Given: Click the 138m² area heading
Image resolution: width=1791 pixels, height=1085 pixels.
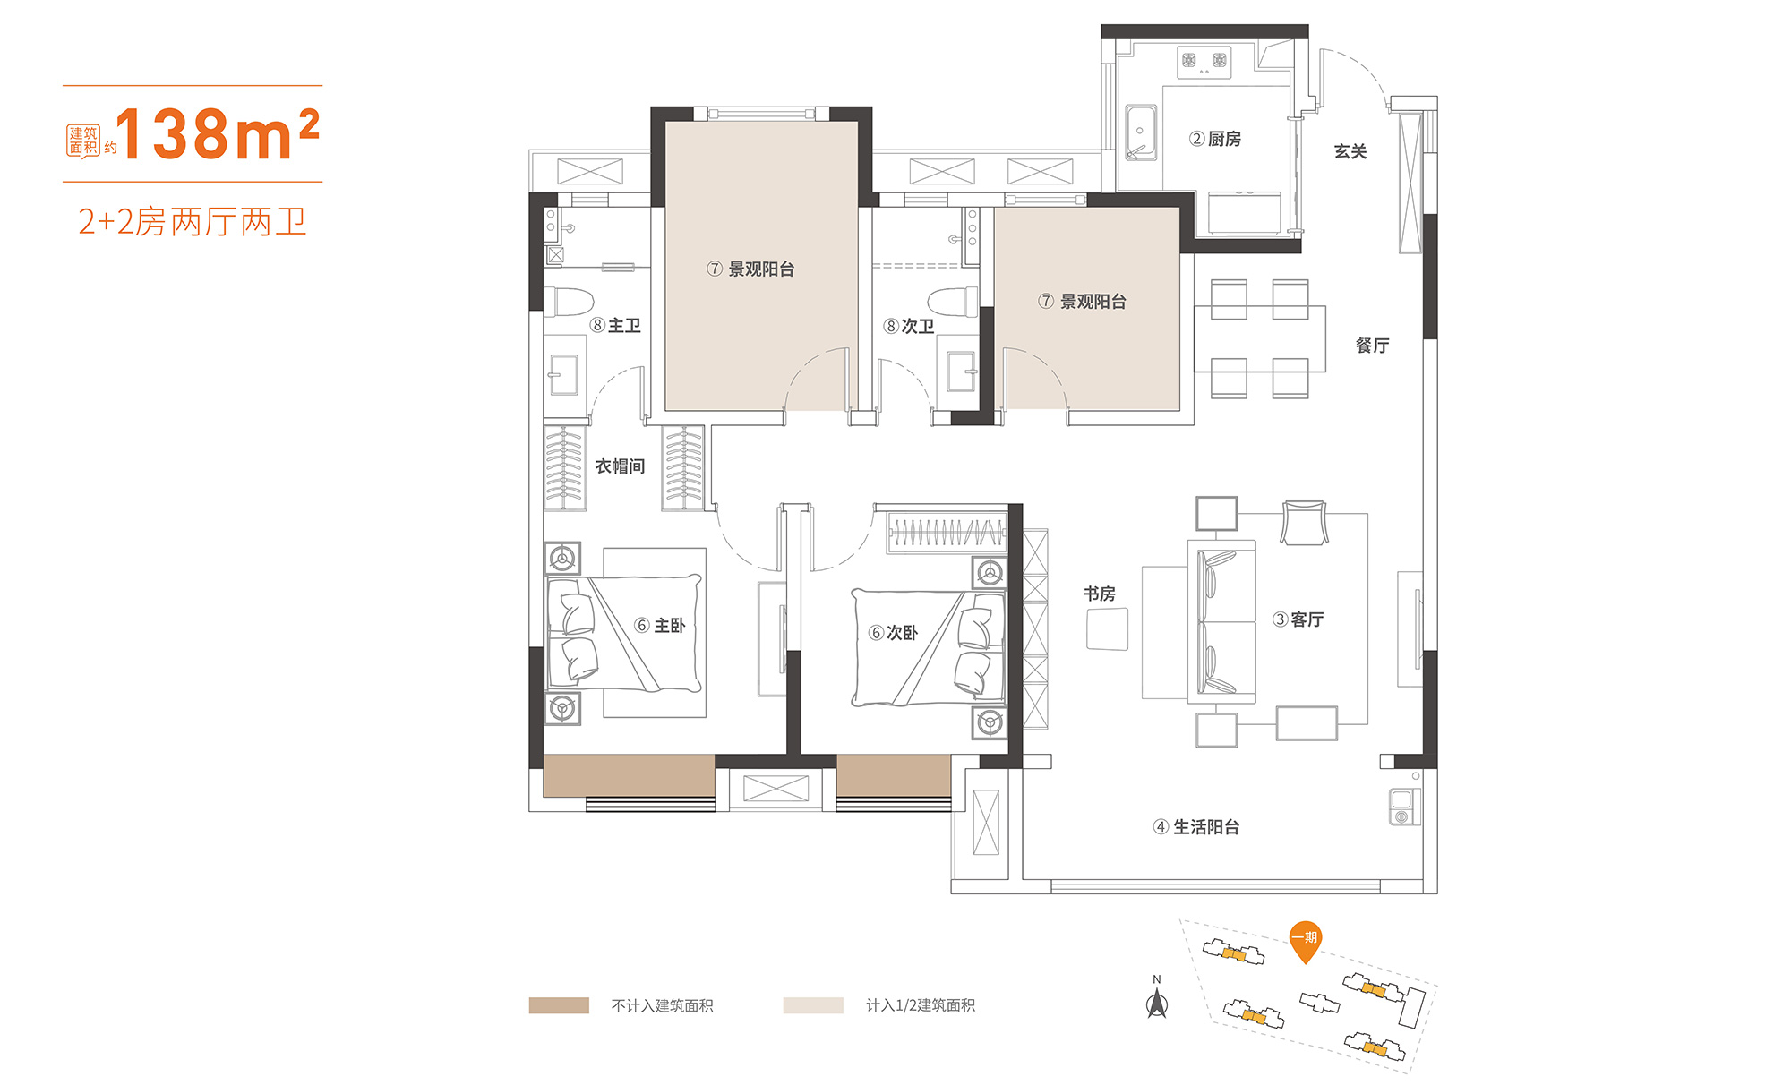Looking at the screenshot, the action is click(x=217, y=134).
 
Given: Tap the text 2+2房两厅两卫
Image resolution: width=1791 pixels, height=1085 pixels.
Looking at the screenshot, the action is click(x=193, y=221).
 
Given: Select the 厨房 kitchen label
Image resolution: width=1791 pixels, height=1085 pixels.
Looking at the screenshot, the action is click(x=1215, y=139).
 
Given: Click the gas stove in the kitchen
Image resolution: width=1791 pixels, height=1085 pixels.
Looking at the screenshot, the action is click(x=1204, y=62).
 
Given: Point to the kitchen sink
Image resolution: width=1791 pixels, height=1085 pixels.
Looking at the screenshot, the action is click(x=1141, y=132).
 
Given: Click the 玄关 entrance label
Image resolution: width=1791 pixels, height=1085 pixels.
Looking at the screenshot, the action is click(x=1350, y=151).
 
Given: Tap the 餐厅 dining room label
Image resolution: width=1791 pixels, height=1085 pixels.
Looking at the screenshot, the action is click(x=1372, y=346).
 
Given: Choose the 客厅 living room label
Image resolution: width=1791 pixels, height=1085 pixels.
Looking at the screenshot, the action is click(x=1298, y=619).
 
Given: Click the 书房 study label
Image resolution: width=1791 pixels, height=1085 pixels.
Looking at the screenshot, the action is click(x=1100, y=594).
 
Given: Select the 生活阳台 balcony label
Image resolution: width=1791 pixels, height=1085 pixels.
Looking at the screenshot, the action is click(x=1196, y=827).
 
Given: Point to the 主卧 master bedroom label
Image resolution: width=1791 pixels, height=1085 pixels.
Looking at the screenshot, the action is click(x=660, y=626).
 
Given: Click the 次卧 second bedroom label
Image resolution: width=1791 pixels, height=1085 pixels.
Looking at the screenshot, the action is click(x=894, y=633).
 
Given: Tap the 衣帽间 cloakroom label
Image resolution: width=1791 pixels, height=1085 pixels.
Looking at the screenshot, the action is click(x=621, y=466).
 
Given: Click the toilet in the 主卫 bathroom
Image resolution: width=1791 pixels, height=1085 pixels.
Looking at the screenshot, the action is click(x=569, y=301).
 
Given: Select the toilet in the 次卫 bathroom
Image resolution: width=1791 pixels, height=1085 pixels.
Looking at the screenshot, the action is click(x=953, y=302).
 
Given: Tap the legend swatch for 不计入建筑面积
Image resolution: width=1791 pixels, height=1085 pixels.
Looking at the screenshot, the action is click(x=559, y=1005).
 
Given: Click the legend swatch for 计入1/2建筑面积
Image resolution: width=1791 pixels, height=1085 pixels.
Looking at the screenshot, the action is click(x=813, y=1005).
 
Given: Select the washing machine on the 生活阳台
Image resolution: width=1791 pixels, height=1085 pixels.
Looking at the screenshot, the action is click(x=1402, y=807).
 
